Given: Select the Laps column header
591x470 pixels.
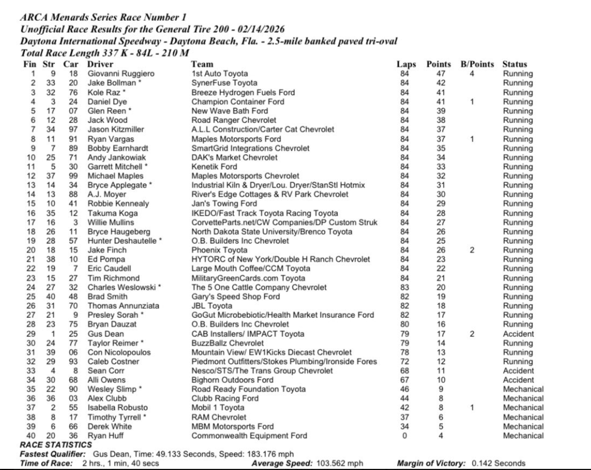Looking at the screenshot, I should coord(406,65).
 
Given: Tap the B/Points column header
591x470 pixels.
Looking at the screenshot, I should coord(476,65).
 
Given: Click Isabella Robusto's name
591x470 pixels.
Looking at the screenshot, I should coord(115,407).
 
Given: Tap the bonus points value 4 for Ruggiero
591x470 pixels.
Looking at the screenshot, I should coord(473,74).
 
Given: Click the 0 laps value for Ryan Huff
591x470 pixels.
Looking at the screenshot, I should coord(406,435).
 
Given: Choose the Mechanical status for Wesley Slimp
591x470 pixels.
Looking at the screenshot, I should coord(523,389).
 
